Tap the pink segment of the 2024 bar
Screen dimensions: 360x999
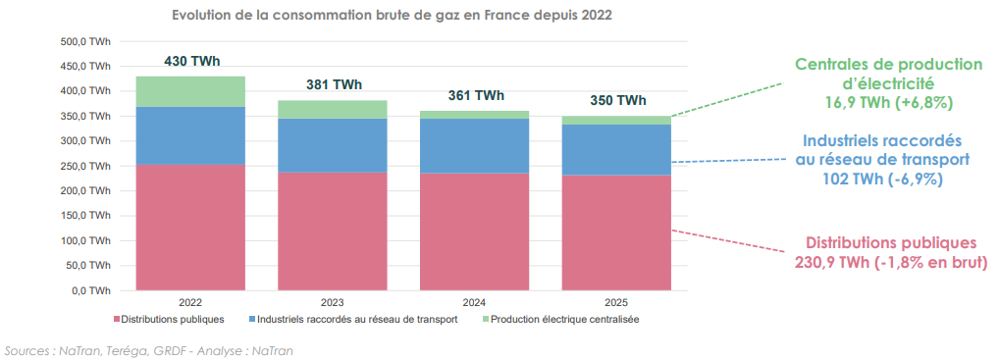[474, 231]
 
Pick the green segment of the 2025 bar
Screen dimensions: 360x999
[615, 121]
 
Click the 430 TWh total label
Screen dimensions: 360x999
[191, 61]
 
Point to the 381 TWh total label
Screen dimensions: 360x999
[334, 84]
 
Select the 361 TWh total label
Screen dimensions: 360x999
[476, 95]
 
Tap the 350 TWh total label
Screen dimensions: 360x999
[617, 100]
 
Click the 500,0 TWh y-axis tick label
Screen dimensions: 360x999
[86, 42]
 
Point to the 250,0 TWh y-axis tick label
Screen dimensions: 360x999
[86, 166]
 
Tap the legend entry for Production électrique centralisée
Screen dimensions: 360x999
[564, 320]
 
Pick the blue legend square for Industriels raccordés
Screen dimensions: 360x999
[253, 320]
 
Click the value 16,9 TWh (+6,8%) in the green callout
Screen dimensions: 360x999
[889, 102]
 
